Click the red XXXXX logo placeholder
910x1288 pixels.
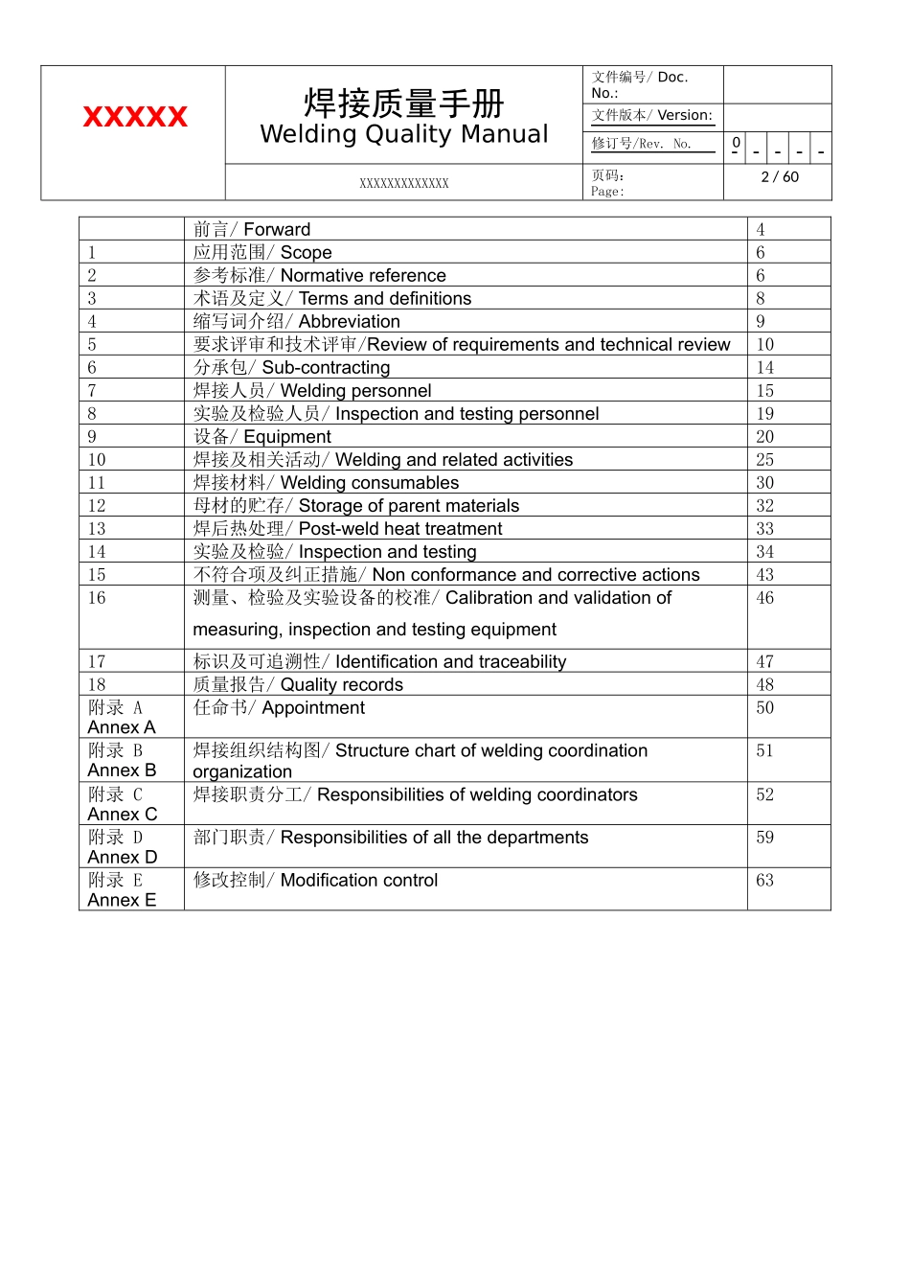pyautogui.click(x=135, y=117)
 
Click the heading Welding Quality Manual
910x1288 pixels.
pyautogui.click(x=404, y=134)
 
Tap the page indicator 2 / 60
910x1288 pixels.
pyautogui.click(x=779, y=177)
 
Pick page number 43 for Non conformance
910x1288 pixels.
pyautogui.click(x=764, y=574)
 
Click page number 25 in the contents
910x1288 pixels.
pyautogui.click(x=764, y=459)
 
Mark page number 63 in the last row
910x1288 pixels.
pyautogui.click(x=764, y=880)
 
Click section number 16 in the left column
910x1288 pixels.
pyautogui.click(x=97, y=597)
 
